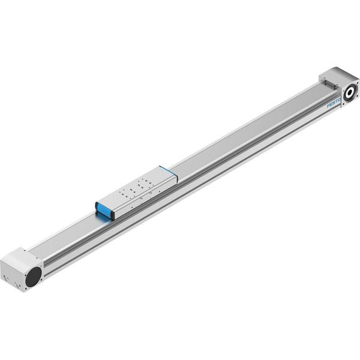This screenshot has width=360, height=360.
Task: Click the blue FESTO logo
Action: (x=334, y=103)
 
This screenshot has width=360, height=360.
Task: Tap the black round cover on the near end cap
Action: (x=33, y=277)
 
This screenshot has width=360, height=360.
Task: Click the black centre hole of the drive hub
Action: (x=350, y=92)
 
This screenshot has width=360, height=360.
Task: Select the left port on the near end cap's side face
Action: (x=6, y=279)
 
